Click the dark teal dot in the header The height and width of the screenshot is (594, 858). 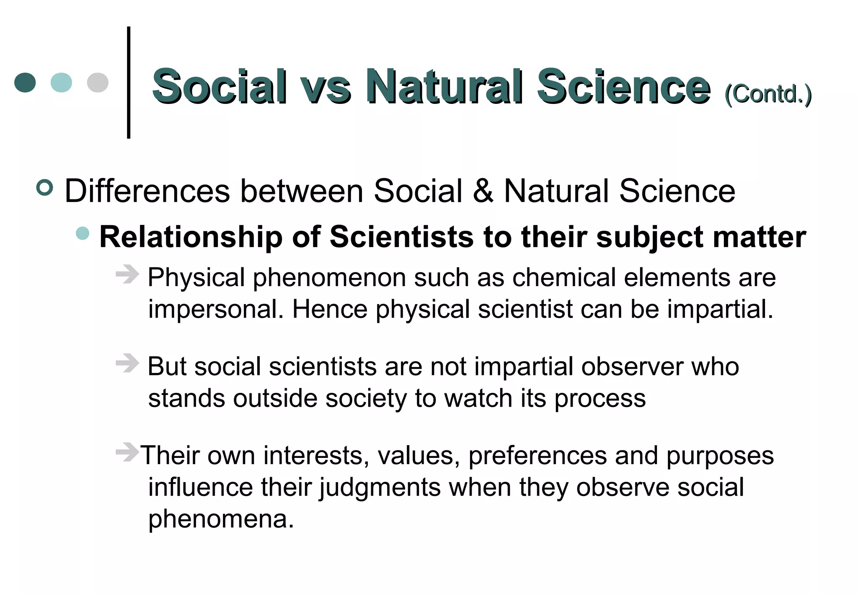[x=25, y=83]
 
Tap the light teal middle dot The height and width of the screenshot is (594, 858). [x=61, y=83]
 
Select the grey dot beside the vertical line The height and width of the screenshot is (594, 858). [x=98, y=83]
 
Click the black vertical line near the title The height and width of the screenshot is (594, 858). [x=129, y=83]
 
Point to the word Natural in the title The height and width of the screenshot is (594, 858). [x=444, y=87]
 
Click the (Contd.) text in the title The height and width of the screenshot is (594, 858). [x=768, y=94]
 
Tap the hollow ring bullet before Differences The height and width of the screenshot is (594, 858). [x=45, y=187]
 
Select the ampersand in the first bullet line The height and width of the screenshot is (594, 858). [x=483, y=191]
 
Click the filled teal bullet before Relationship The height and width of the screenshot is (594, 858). [x=83, y=233]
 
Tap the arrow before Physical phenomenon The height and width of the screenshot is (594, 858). [x=127, y=275]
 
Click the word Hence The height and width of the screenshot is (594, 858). [x=330, y=310]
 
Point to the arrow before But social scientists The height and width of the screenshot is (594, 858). [x=127, y=363]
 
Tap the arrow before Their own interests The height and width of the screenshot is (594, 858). [x=127, y=452]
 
